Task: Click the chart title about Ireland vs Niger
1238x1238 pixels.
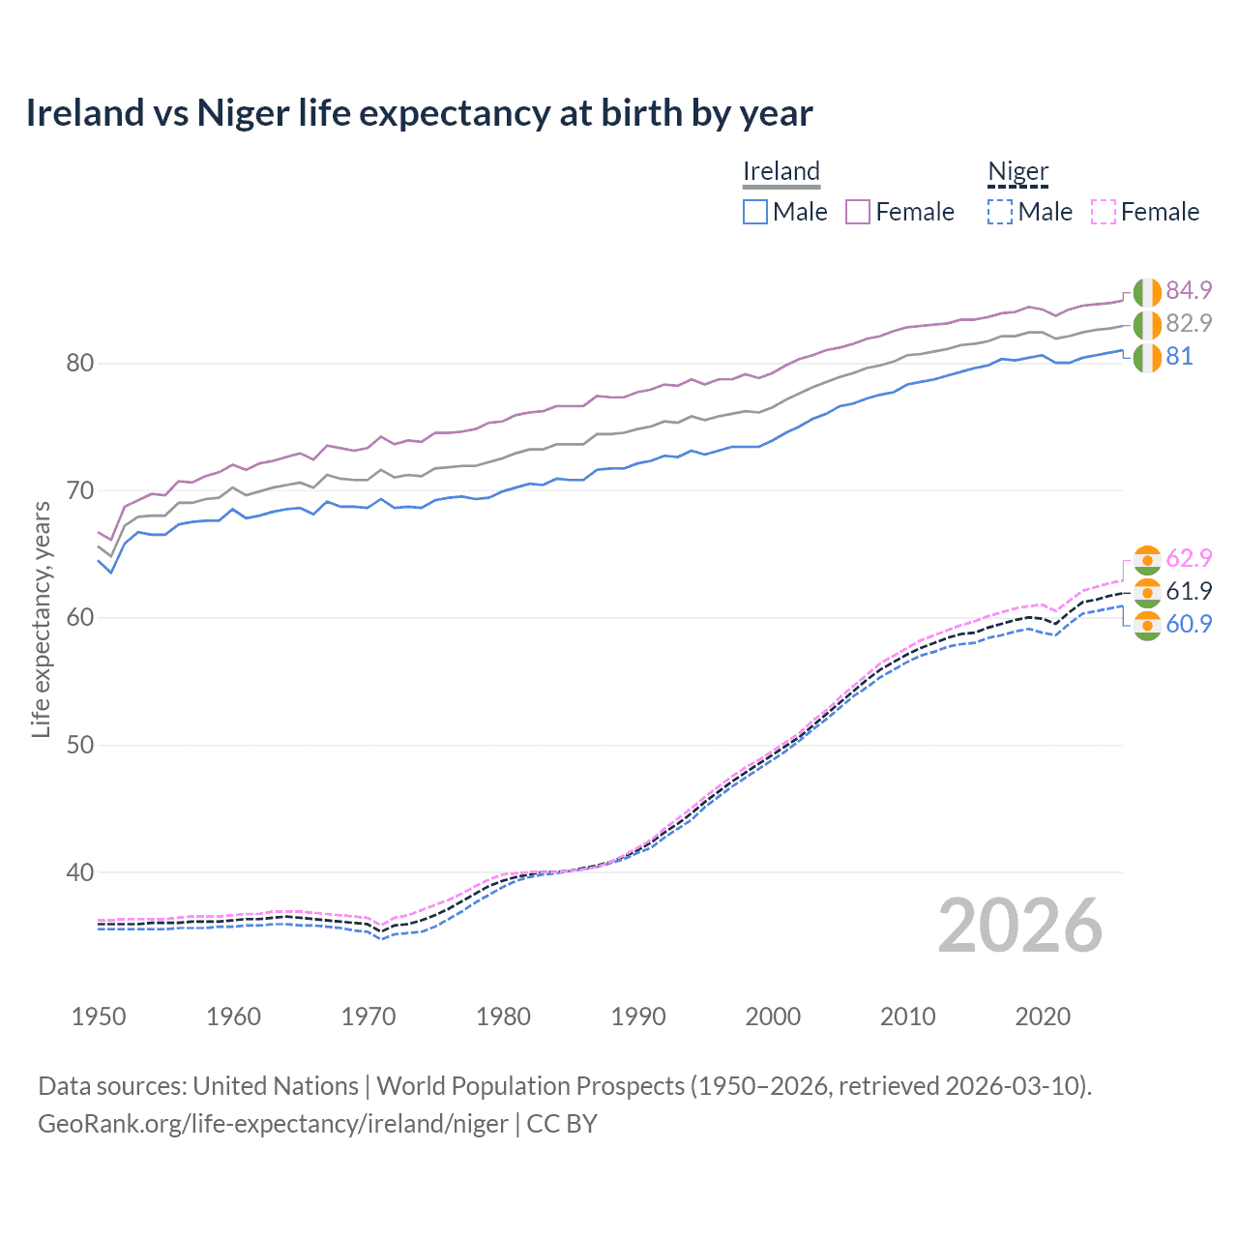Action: coord(419,113)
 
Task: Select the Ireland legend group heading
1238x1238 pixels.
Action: coord(781,171)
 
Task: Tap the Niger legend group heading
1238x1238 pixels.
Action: coord(1017,171)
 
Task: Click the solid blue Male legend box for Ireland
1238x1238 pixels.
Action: coord(755,212)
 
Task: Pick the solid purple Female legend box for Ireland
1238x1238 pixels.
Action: coord(858,212)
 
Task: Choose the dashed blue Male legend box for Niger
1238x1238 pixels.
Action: coord(1000,212)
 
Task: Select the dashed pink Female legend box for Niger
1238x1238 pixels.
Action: coord(1103,212)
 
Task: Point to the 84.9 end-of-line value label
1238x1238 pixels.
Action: coord(1189,290)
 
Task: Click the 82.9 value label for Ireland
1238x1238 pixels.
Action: coord(1189,323)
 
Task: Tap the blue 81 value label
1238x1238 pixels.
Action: coord(1179,356)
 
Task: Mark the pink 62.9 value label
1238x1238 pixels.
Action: coord(1189,558)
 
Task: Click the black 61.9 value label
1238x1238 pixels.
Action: coord(1189,591)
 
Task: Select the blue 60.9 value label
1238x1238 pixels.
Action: coord(1189,624)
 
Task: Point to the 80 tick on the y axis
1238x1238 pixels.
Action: coord(79,364)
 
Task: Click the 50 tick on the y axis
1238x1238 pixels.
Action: coord(79,745)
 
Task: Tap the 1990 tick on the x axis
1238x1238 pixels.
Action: coord(638,1017)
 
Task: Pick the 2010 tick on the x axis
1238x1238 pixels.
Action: coord(907,1017)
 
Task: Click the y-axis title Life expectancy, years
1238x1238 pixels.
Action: coord(41,619)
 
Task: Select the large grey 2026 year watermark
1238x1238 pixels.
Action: coord(1019,926)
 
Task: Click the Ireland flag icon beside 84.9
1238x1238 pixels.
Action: coord(1147,291)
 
